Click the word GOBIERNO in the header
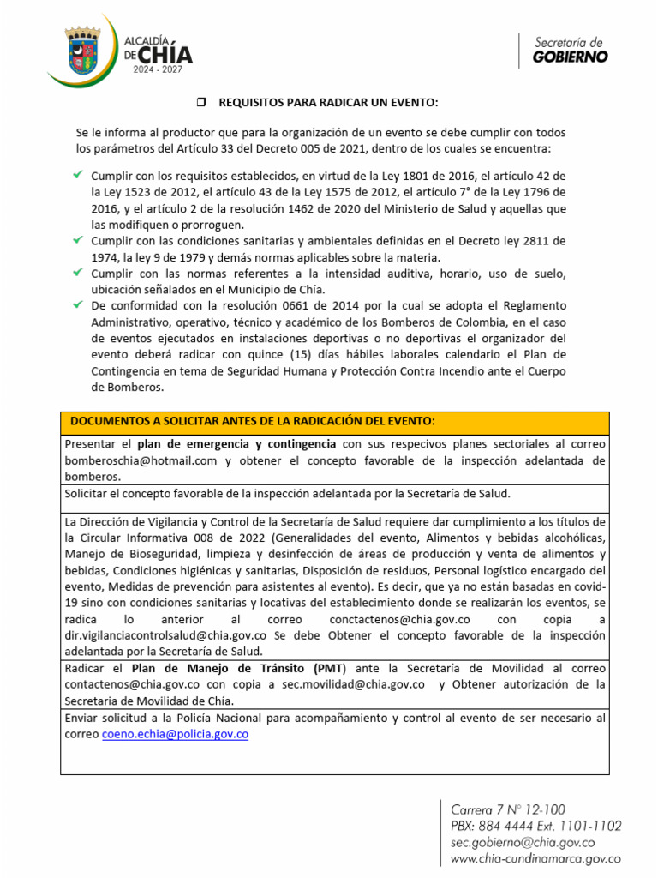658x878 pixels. (570, 57)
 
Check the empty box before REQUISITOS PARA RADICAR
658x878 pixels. (202, 103)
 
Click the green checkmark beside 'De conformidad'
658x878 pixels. (77, 305)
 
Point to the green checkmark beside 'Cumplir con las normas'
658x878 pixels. (77, 273)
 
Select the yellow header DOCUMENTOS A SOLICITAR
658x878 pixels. (252, 422)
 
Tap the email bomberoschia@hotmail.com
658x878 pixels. (141, 460)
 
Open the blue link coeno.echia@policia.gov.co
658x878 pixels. (175, 735)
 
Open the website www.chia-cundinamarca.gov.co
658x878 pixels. (535, 858)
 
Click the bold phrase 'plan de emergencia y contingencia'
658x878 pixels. (236, 444)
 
